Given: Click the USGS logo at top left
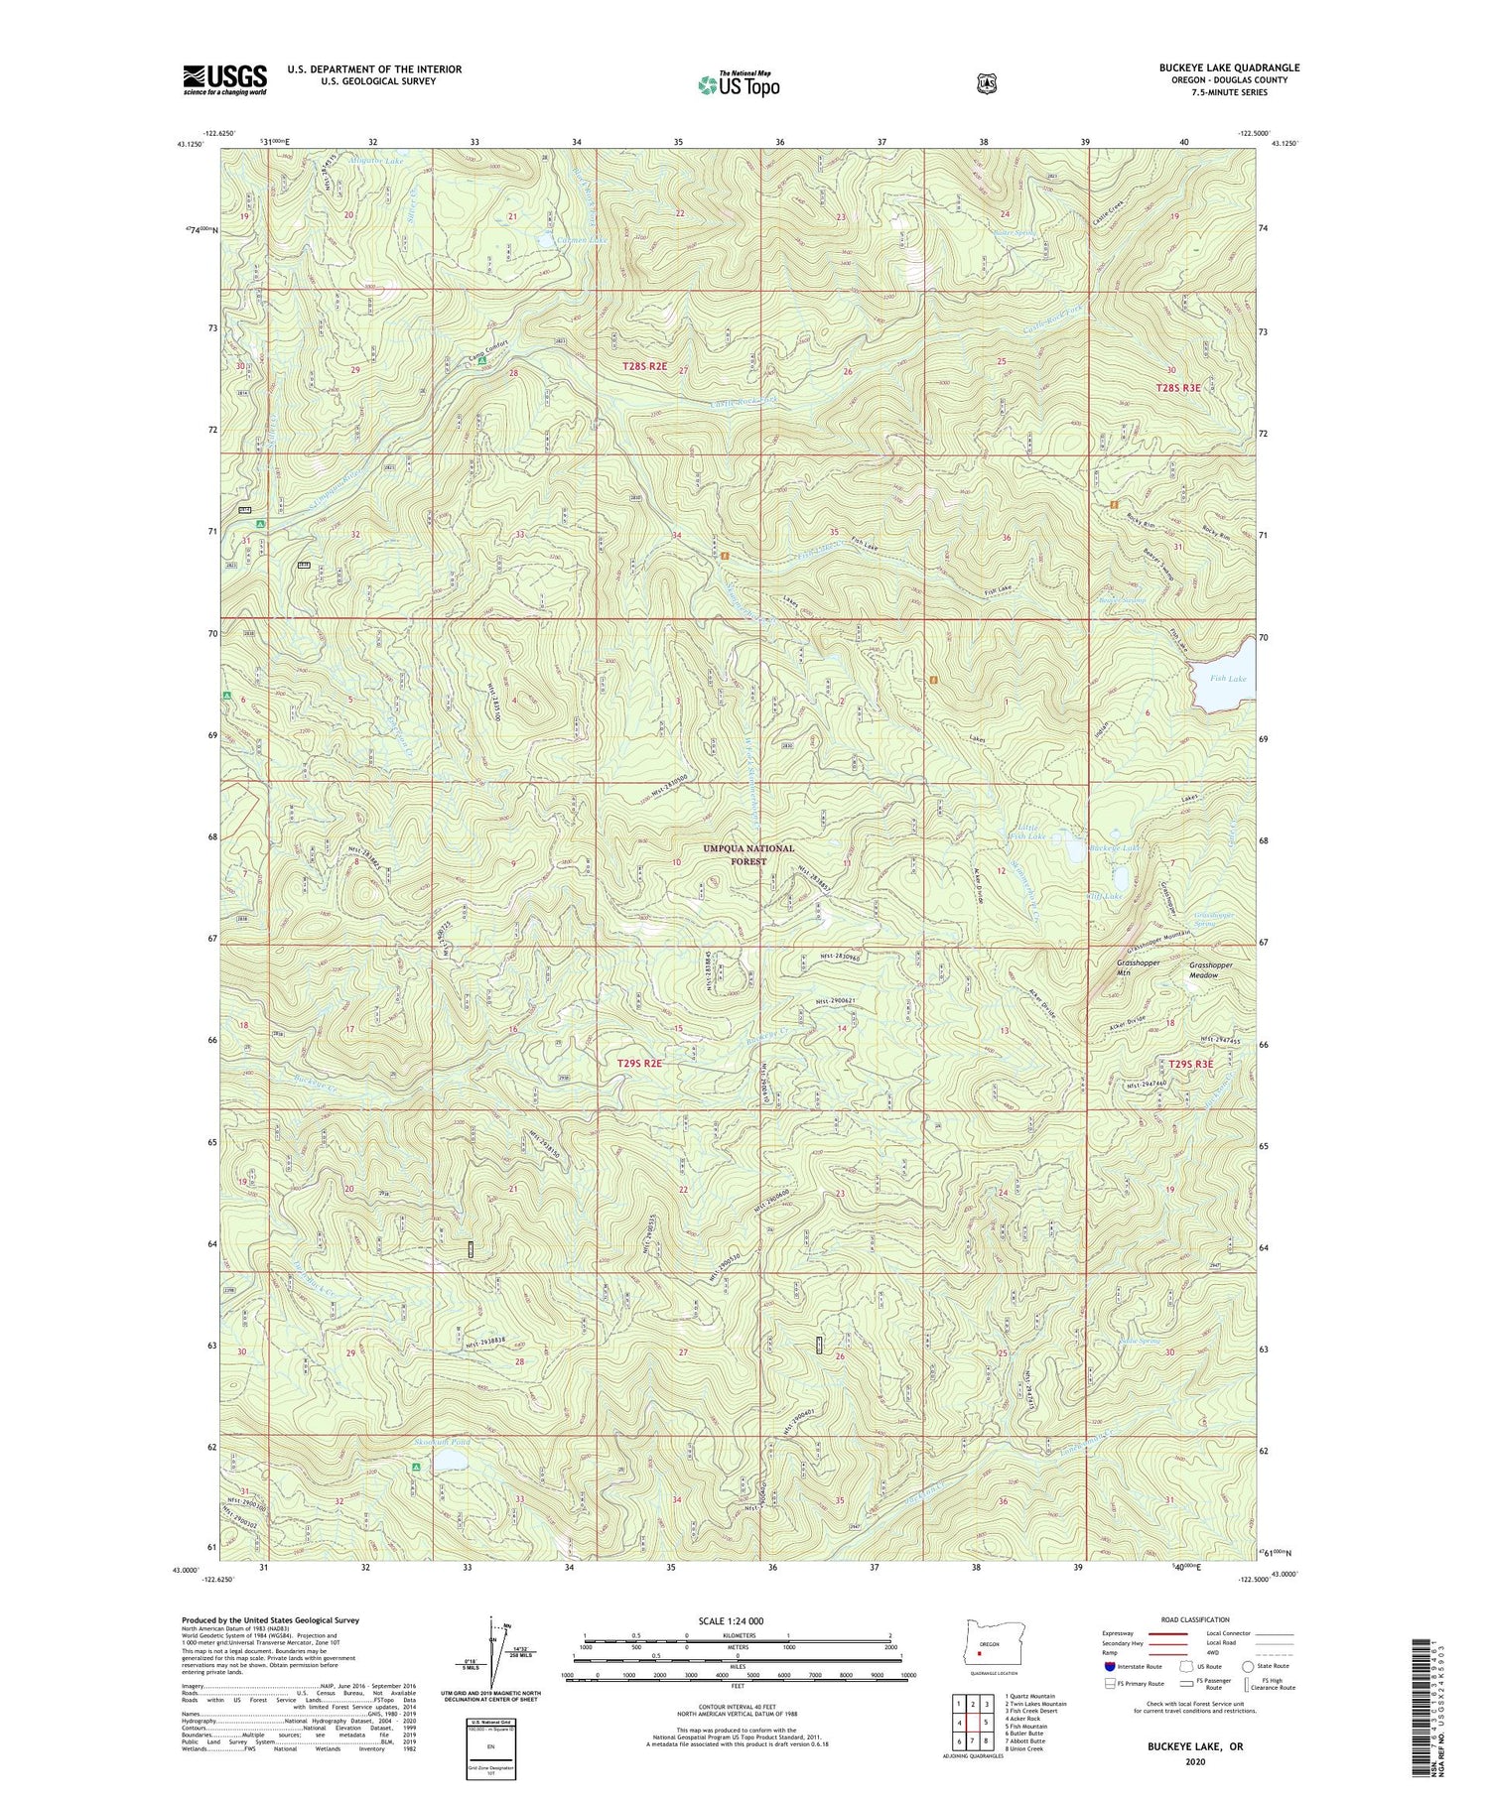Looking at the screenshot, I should click(224, 79).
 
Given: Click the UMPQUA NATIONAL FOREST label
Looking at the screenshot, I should click(748, 855).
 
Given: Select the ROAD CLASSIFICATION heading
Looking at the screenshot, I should click(1179, 1619).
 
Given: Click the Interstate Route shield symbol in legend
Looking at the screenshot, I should click(1109, 1666).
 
